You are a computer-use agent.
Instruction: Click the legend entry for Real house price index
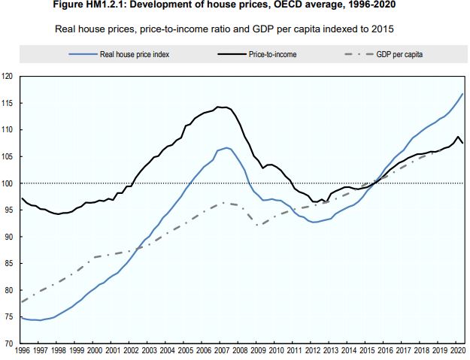click(x=129, y=54)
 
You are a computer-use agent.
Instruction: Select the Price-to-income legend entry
click(x=272, y=54)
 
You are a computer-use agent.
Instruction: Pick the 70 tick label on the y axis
click(x=9, y=343)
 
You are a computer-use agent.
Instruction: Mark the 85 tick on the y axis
click(x=9, y=264)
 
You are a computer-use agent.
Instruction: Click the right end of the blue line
click(x=463, y=93)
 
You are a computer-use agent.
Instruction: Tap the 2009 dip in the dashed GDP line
click(x=257, y=225)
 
